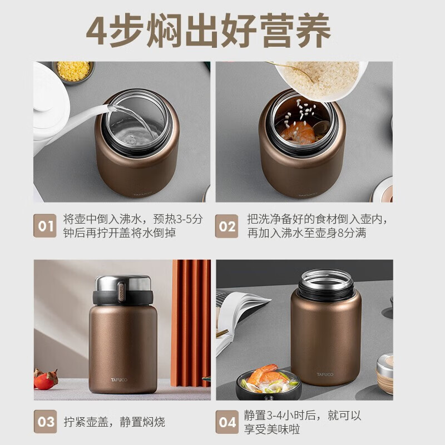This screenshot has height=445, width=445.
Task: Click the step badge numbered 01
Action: pos(45,226)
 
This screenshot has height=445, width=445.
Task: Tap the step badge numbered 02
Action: pos(226,226)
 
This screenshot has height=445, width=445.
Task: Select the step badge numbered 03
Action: pos(45,422)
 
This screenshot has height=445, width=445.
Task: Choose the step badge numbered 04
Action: pos(227,422)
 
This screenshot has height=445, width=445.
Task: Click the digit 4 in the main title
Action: pos(97,31)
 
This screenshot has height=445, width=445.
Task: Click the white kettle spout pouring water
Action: pos(85,112)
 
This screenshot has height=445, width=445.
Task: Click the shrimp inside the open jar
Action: pos(298,132)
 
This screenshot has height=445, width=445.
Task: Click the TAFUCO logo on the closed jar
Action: pos(119,380)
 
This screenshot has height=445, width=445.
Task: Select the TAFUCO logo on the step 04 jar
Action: pos(325,374)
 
